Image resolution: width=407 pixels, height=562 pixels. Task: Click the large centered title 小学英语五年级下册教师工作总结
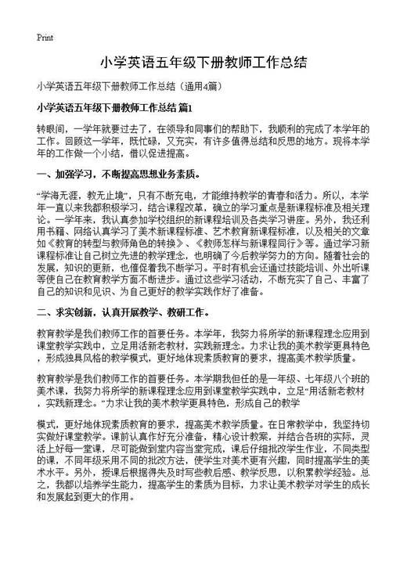[203, 62]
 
